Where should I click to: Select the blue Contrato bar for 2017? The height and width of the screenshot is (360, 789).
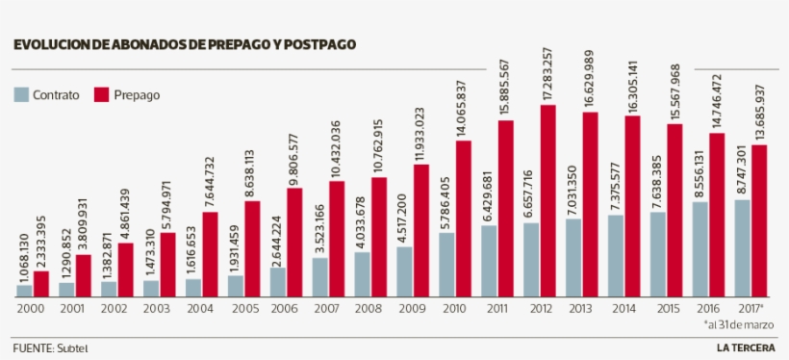tap(742, 247)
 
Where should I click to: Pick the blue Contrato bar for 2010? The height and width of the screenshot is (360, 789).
tap(446, 264)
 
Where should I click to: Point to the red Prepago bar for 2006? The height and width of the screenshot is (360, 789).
tap(294, 242)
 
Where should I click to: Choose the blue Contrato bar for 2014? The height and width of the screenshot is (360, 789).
tap(616, 255)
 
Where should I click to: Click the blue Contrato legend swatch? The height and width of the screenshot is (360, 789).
tap(21, 94)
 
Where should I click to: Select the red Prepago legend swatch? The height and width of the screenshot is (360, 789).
tap(102, 94)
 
